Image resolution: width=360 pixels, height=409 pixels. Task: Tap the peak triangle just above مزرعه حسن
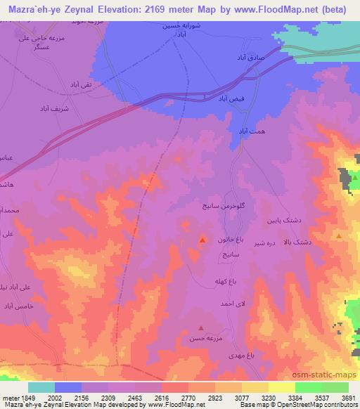[202, 327]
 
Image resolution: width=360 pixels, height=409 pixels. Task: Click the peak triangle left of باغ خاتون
[202, 240]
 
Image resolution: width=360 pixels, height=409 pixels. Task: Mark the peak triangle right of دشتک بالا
[340, 237]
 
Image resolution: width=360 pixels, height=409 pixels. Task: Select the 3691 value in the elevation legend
[348, 396]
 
